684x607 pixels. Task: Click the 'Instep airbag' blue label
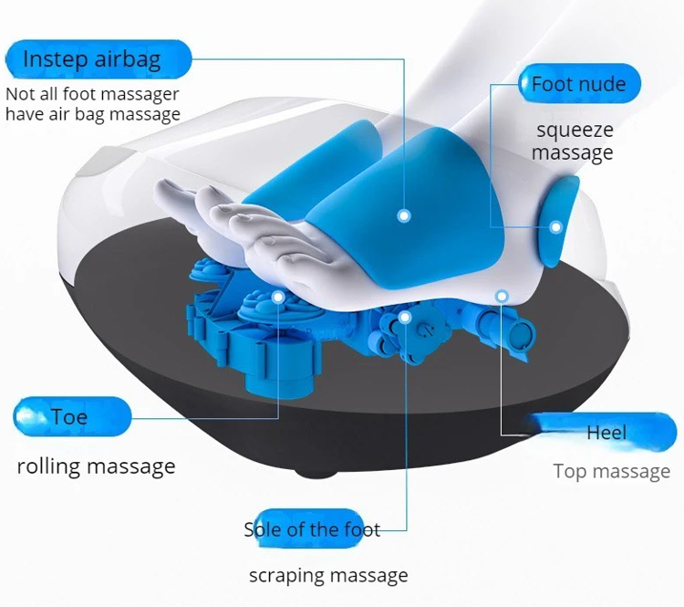pos(95,60)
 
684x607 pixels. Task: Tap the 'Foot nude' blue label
pos(578,85)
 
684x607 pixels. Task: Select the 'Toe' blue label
pos(71,417)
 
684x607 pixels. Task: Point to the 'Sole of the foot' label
pos(312,529)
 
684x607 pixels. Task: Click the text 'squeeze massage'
pos(573,141)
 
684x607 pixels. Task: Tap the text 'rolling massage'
pos(96,466)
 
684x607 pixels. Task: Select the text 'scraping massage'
pos(328,576)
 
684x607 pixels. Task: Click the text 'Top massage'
pos(611,472)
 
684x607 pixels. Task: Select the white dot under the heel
pos(501,295)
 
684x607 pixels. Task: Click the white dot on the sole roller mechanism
pos(405,317)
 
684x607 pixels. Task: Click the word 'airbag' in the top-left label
pos(128,60)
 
